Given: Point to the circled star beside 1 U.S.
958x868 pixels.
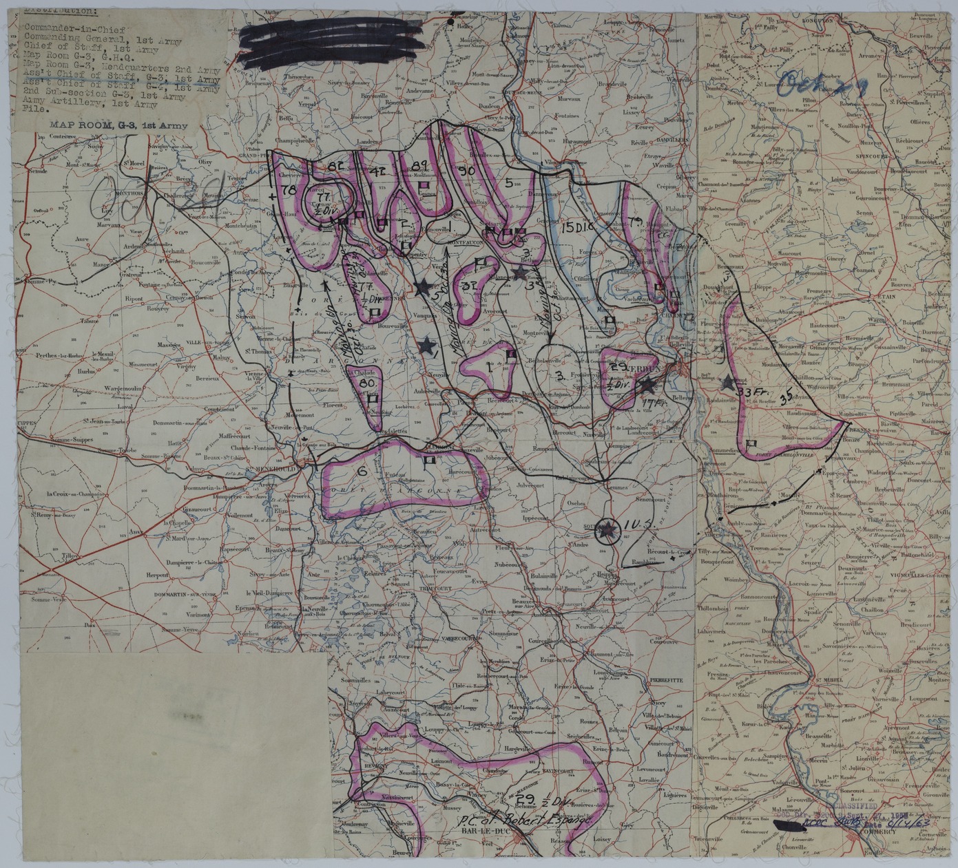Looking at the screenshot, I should click(607, 529).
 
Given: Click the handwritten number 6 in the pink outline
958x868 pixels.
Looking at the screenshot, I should click(360, 472).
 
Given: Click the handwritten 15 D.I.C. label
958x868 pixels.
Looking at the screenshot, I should click(577, 226).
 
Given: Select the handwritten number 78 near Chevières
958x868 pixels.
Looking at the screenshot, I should click(288, 189).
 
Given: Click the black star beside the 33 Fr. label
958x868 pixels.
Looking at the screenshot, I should click(729, 382).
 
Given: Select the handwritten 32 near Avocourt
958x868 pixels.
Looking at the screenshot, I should click(471, 286).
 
